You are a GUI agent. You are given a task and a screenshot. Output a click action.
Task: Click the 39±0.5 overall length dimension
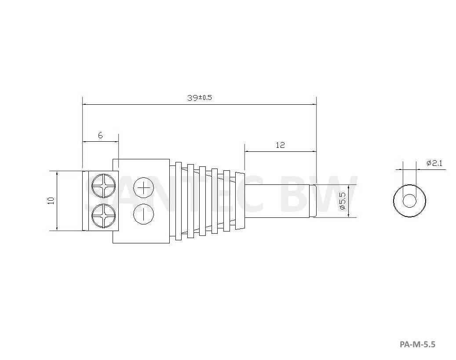(x=199, y=98)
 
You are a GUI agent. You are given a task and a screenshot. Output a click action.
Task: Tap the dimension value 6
(x=100, y=136)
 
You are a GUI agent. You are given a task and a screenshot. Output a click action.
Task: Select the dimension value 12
(x=280, y=145)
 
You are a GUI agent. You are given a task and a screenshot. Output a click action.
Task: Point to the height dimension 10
(x=51, y=200)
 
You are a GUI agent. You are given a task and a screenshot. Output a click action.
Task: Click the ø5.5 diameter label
(x=343, y=200)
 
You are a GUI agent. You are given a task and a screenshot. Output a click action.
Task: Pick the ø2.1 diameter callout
(x=434, y=163)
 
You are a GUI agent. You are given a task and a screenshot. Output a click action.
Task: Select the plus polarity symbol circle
(x=143, y=188)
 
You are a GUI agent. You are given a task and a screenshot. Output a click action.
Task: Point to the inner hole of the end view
(x=409, y=201)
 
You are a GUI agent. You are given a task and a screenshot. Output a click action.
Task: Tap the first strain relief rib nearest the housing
(x=178, y=201)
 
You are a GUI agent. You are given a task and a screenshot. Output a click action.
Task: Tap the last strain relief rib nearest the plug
(x=227, y=201)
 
